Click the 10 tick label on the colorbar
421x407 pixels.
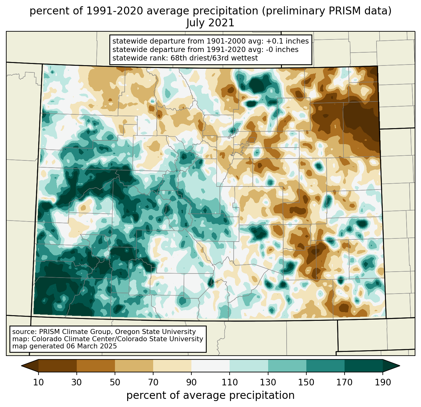39,382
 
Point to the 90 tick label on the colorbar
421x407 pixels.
191,382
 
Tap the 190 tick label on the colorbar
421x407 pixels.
382,382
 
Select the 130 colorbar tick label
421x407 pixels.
268,382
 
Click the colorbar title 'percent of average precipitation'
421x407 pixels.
210,395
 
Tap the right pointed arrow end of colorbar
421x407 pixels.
391,366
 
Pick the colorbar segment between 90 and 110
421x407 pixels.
210,366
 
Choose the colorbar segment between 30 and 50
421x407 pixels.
96,366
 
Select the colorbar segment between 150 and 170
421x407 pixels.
325,366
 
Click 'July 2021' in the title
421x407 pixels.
210,23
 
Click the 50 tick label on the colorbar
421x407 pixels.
115,382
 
